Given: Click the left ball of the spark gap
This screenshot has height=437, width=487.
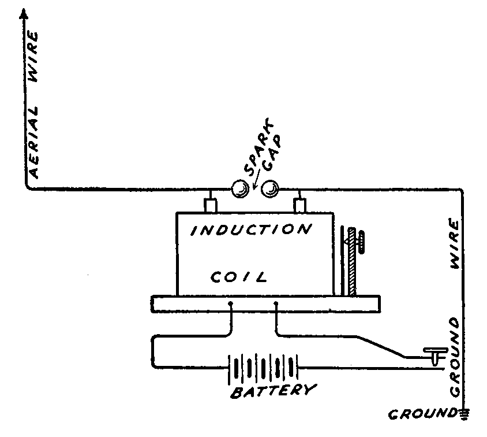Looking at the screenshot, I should [x=238, y=188].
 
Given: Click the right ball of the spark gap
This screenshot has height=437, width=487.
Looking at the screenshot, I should [x=270, y=188].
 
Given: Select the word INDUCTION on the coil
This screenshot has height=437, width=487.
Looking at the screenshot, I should [x=251, y=230].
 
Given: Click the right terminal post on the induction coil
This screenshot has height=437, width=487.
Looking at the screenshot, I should [x=299, y=205].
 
